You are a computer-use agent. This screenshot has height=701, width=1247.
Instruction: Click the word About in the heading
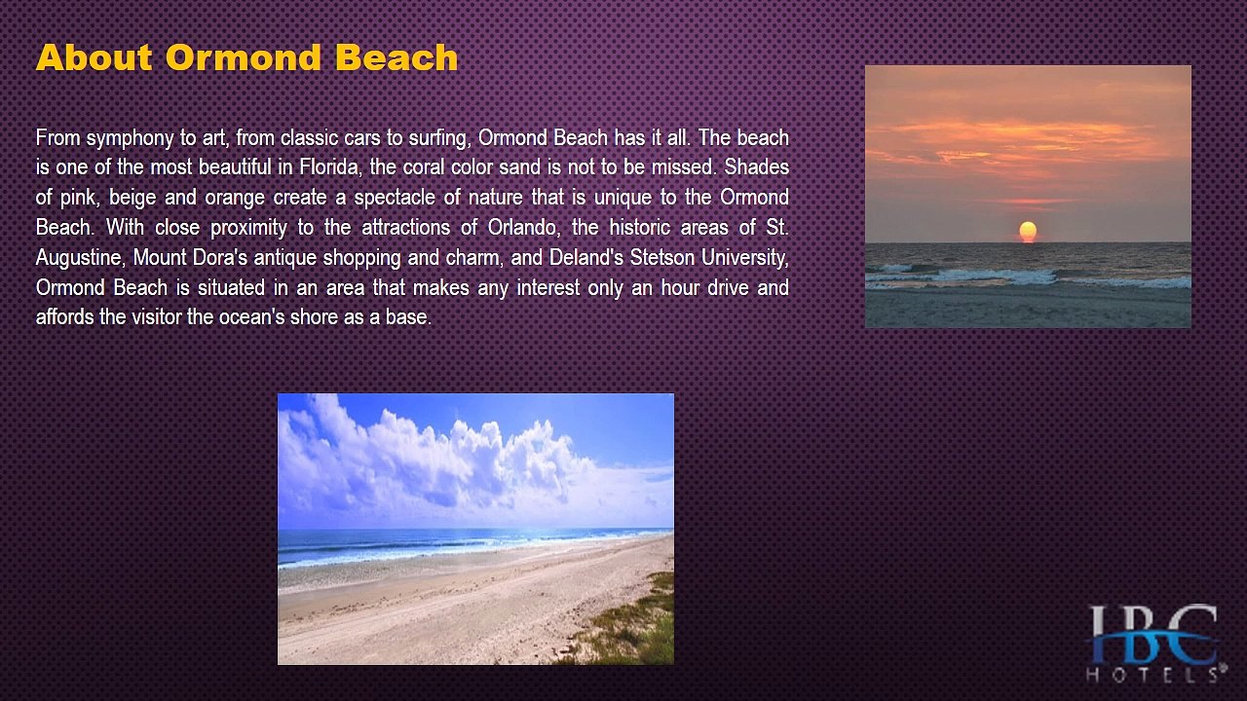(94, 57)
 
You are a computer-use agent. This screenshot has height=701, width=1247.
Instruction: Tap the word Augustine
(81, 258)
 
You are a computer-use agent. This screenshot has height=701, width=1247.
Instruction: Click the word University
(745, 258)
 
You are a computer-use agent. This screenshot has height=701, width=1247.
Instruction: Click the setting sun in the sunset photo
(1028, 232)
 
